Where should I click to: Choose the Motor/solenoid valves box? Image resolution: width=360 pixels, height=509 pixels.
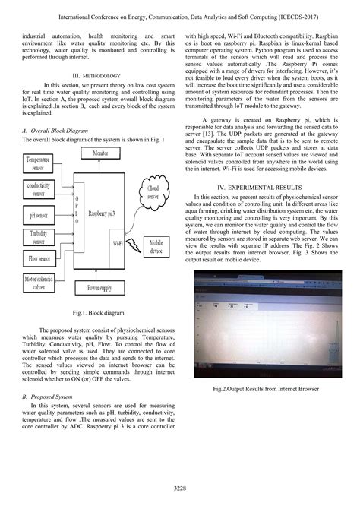click(38, 283)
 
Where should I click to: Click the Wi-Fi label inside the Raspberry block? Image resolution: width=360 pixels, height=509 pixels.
click(119, 243)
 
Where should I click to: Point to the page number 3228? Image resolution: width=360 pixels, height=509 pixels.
click(180, 487)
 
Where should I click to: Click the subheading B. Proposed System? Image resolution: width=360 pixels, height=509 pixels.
click(48, 397)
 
